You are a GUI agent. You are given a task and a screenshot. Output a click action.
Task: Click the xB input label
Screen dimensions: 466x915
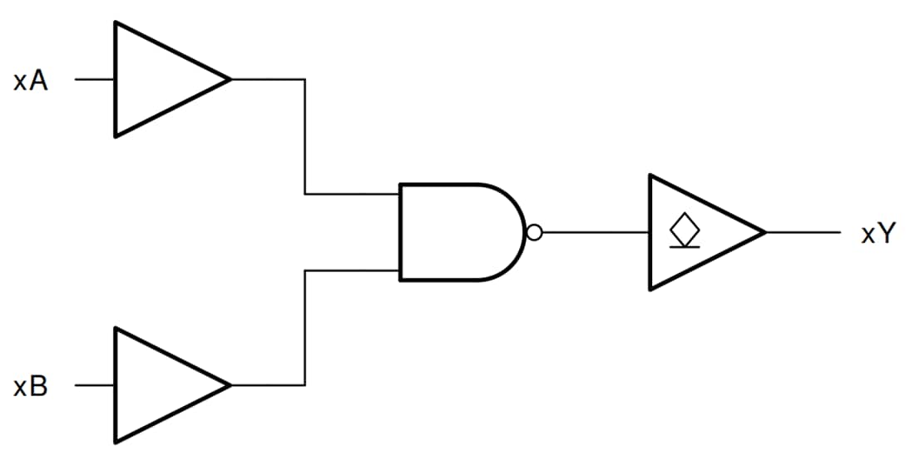click(31, 387)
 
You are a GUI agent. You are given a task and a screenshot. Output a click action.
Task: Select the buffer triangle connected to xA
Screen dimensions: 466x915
click(158, 80)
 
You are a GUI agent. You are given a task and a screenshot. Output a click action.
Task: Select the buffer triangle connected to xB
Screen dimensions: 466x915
click(158, 385)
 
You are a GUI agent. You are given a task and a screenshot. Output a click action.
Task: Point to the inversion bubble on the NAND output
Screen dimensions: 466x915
click(535, 233)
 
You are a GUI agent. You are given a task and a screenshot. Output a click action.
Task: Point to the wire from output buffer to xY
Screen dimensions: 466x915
click(803, 232)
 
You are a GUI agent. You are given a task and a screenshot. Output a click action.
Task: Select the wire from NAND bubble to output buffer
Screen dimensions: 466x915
click(596, 233)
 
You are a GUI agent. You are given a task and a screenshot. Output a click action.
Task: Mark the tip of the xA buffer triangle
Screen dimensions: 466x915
click(229, 80)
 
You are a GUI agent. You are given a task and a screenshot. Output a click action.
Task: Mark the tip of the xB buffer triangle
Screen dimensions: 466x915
click(229, 385)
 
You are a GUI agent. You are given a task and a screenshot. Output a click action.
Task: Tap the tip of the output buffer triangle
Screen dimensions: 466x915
click(764, 232)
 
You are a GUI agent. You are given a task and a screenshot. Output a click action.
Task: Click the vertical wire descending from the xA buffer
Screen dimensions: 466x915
click(305, 137)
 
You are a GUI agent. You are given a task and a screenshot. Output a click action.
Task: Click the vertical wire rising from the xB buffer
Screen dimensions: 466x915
click(305, 329)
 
